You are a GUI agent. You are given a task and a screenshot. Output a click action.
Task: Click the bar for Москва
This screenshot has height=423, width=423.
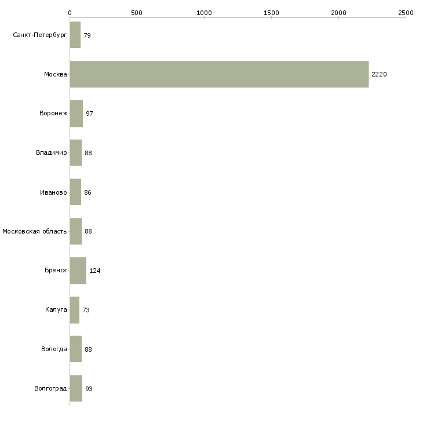point(220,74)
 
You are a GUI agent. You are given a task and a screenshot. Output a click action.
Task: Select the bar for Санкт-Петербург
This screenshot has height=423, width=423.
point(75,35)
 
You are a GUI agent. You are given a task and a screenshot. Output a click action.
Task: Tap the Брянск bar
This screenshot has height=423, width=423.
point(78,271)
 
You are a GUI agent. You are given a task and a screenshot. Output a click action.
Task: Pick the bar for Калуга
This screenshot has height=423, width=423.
point(75,310)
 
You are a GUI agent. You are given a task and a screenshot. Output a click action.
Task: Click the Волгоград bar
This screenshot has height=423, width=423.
point(76,388)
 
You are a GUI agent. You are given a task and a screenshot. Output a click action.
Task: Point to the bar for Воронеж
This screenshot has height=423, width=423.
point(76,114)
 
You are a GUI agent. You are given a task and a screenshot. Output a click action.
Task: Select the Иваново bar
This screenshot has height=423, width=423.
point(75,192)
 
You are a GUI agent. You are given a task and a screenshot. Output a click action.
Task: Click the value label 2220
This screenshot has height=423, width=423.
point(379,74)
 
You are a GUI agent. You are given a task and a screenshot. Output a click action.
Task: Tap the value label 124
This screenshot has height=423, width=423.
point(94,271)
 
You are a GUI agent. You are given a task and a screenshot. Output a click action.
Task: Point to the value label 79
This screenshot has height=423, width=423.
point(87,35)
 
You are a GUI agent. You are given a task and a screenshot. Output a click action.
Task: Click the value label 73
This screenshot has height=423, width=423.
point(86,310)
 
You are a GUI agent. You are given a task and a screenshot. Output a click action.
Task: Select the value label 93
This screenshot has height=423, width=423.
point(89,389)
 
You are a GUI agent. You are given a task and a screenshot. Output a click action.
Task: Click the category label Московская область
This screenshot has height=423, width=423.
point(35,231)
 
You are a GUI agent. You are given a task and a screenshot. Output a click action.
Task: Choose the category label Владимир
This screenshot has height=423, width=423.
point(51,153)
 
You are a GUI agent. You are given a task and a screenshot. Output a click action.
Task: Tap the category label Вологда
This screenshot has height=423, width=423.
point(54,349)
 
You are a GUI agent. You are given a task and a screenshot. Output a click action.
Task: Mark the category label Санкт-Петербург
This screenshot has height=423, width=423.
point(40,35)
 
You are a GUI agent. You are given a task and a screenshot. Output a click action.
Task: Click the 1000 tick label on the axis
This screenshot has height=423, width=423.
point(204,13)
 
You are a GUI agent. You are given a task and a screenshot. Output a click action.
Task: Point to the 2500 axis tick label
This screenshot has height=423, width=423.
point(406,13)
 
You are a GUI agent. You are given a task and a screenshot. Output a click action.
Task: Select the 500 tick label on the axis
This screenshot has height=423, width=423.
point(137,13)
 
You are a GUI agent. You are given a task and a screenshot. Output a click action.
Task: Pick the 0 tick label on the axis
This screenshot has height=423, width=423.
point(70,13)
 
